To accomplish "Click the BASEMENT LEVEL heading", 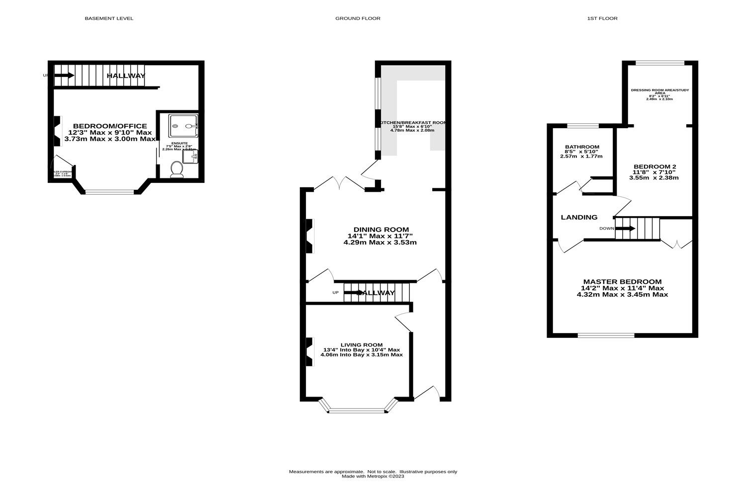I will click(109, 18).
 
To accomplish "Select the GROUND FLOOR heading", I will click(358, 18).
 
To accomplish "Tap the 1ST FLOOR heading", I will click(602, 18).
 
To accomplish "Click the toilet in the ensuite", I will click(177, 169).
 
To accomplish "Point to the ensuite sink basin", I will click(191, 157).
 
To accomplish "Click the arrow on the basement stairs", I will click(64, 76).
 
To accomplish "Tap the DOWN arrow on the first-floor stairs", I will click(625, 229).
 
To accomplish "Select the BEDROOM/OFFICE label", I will click(110, 126).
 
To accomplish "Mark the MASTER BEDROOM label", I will click(622, 281).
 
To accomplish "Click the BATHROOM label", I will click(582, 147).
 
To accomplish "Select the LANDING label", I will click(579, 217).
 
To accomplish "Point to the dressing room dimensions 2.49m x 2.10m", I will click(659, 99).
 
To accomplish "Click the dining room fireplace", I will click(309, 236).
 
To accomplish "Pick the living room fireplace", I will click(309, 352).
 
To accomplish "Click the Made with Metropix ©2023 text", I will click(373, 476).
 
